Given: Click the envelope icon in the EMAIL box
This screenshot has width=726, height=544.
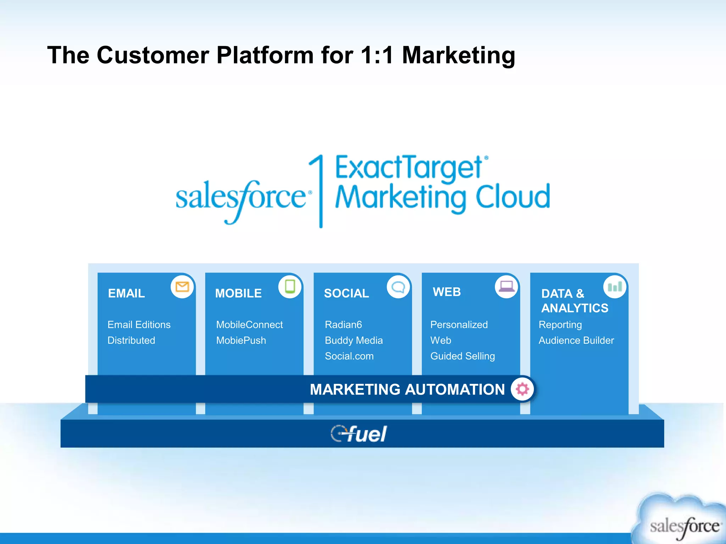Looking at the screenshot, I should [182, 287].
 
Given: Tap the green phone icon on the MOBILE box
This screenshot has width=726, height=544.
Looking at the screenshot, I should [290, 287].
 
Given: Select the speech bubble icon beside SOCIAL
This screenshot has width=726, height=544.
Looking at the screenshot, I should [398, 287].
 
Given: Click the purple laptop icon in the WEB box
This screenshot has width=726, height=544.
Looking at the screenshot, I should [507, 286].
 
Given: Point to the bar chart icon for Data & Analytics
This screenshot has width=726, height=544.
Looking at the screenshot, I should [615, 287].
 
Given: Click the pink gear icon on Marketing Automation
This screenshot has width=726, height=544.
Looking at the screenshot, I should [522, 389].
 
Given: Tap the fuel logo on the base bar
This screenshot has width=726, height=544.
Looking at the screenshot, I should [359, 433].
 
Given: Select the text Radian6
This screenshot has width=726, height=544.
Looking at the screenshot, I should [343, 324].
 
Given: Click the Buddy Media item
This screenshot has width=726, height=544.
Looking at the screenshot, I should [353, 340].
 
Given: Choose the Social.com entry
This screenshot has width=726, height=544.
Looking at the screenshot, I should [349, 356].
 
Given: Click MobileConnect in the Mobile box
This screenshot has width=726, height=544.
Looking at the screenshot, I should [249, 324].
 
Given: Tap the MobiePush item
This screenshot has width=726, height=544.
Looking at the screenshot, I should [241, 340].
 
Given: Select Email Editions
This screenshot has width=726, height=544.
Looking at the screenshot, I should [139, 324].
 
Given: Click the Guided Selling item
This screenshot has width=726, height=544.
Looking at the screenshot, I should [462, 356].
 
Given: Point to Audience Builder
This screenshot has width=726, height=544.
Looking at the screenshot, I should [576, 340].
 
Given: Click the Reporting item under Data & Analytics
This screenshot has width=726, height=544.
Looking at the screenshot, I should [560, 324].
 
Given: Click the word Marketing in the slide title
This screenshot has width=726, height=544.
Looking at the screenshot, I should [458, 55].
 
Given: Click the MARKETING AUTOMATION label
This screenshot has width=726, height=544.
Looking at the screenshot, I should [407, 389].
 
